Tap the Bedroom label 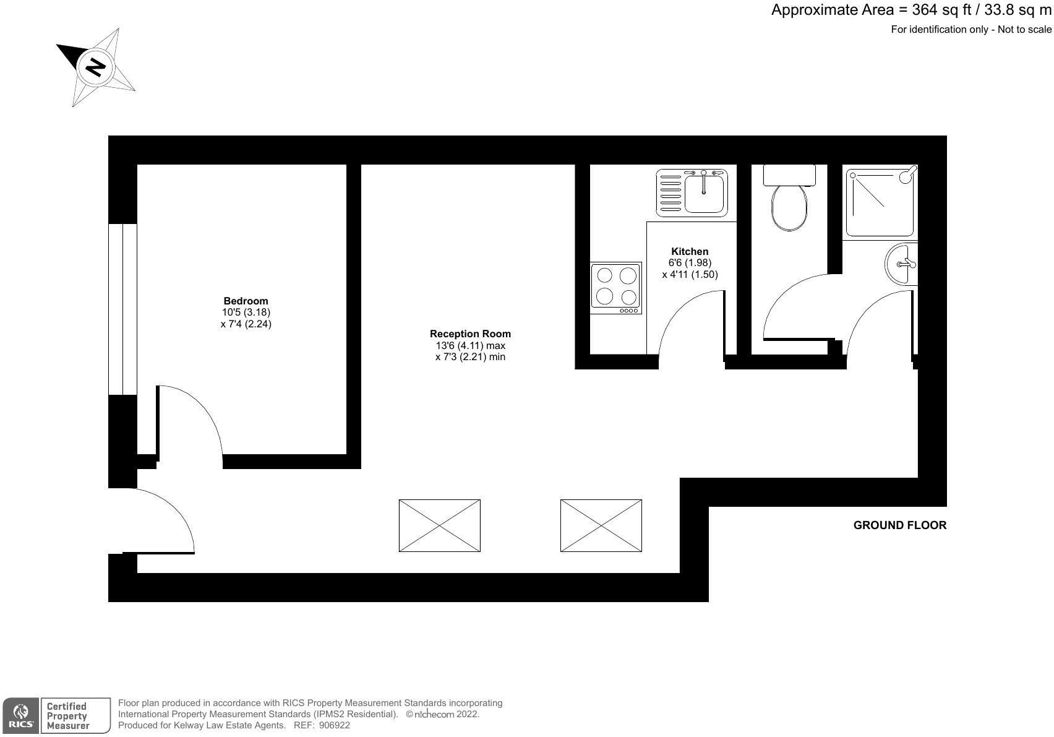(246, 301)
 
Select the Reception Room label (470, 334)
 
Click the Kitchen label (690, 251)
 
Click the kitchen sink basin (705, 192)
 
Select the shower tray (880, 202)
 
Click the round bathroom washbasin (901, 264)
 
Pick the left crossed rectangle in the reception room (439, 525)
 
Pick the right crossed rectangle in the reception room (601, 525)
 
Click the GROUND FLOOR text (899, 525)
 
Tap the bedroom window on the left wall (122, 309)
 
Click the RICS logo (20, 716)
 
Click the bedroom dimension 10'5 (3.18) (246, 312)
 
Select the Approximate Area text (910, 10)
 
